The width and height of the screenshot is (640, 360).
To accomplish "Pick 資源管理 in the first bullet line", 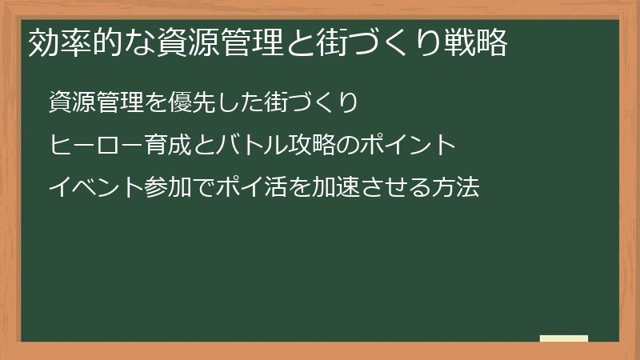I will [96, 103].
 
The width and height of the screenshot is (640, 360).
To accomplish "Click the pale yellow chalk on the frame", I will [564, 338].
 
